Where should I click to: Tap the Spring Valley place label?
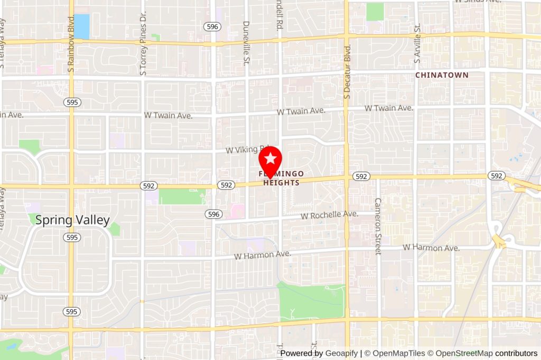coord(72,220)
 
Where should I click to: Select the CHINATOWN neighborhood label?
coord(442,75)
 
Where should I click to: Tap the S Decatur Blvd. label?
coord(347,71)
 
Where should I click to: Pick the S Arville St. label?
coord(417,44)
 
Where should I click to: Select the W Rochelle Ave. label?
coord(330,215)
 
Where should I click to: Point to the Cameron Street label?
coord(377,226)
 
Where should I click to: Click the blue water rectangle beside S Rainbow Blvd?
coord(81,26)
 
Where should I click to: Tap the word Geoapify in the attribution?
coord(342,353)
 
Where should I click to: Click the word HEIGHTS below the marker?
coord(281,183)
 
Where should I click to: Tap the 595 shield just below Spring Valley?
coord(72,238)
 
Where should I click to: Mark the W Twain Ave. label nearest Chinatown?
coord(388,108)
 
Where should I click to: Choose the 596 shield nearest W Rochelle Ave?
coord(213,214)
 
